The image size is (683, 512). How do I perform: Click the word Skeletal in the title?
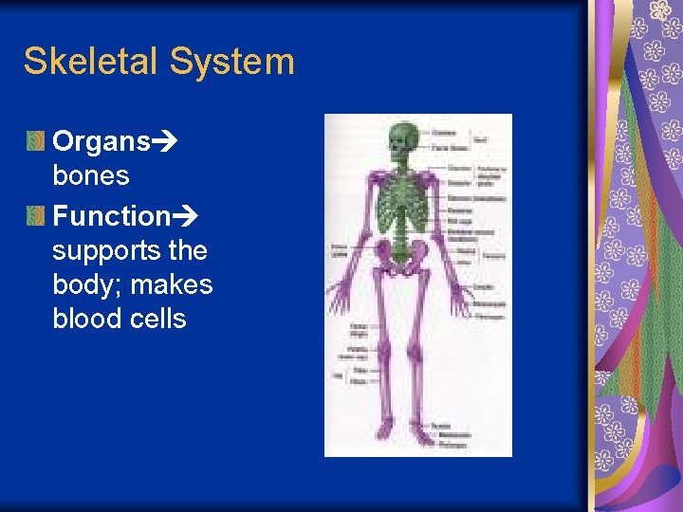(x=91, y=62)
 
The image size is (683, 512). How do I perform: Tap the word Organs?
(x=102, y=141)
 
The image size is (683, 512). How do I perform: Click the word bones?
(x=91, y=175)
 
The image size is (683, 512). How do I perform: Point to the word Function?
(x=111, y=215)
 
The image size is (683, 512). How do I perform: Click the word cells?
(x=158, y=319)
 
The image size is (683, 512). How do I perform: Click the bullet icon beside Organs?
(x=35, y=142)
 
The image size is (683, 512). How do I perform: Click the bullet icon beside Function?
(x=35, y=216)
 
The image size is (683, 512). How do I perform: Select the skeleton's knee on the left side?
(x=384, y=352)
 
